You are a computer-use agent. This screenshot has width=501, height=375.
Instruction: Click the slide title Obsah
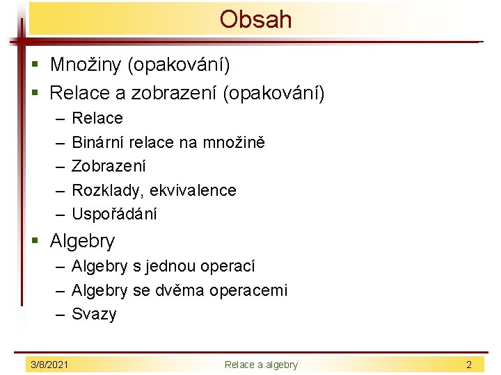(255, 19)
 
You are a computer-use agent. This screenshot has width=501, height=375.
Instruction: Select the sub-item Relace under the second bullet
(97, 118)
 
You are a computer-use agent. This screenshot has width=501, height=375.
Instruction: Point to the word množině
(234, 142)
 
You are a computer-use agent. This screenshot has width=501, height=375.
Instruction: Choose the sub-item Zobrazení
(109, 166)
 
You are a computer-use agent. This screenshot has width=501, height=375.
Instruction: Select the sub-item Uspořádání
(114, 214)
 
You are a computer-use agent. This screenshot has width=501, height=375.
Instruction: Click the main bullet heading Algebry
(82, 242)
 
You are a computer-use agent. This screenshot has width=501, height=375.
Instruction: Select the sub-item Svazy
(94, 314)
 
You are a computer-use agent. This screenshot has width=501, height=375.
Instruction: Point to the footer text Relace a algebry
(261, 365)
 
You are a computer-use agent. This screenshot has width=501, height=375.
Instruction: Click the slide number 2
(469, 365)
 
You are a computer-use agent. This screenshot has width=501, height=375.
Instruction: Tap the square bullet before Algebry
(40, 242)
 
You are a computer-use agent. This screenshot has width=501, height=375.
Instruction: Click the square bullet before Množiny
(40, 66)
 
